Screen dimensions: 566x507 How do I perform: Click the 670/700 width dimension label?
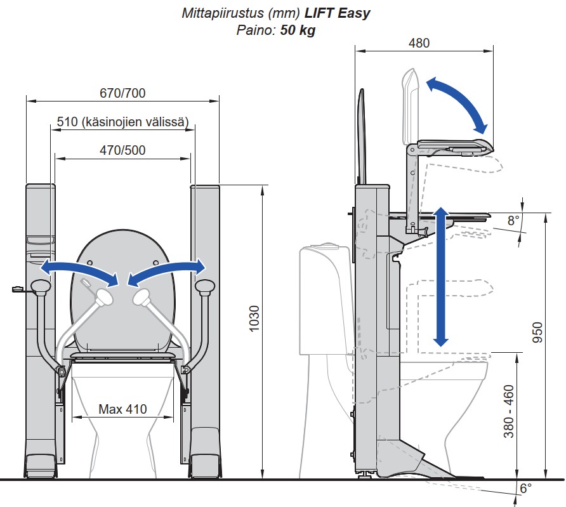coord(122,93)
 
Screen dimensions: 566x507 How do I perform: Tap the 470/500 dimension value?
coord(122,150)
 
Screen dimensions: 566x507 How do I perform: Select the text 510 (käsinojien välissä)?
coord(122,122)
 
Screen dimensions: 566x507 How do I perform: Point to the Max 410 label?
coord(122,409)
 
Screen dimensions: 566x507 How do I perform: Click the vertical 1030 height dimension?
coord(254,319)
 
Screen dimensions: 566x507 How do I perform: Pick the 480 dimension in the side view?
coord(419,43)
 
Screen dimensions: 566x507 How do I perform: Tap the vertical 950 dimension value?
coord(537,333)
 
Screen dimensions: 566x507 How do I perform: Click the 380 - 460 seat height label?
coord(509,411)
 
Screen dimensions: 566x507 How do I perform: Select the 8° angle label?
coord(513,220)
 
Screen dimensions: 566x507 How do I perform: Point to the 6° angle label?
coord(525,488)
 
